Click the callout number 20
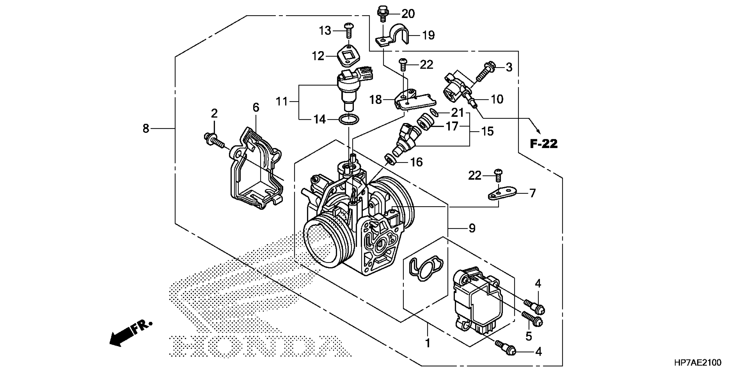pyautogui.click(x=408, y=14)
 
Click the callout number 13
pyautogui.click(x=325, y=30)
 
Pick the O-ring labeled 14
pyautogui.click(x=349, y=119)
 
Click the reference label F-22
pyautogui.click(x=543, y=144)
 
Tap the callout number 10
pyautogui.click(x=497, y=99)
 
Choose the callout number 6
pyautogui.click(x=256, y=107)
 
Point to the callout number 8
pyautogui.click(x=146, y=128)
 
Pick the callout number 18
pyautogui.click(x=375, y=100)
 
